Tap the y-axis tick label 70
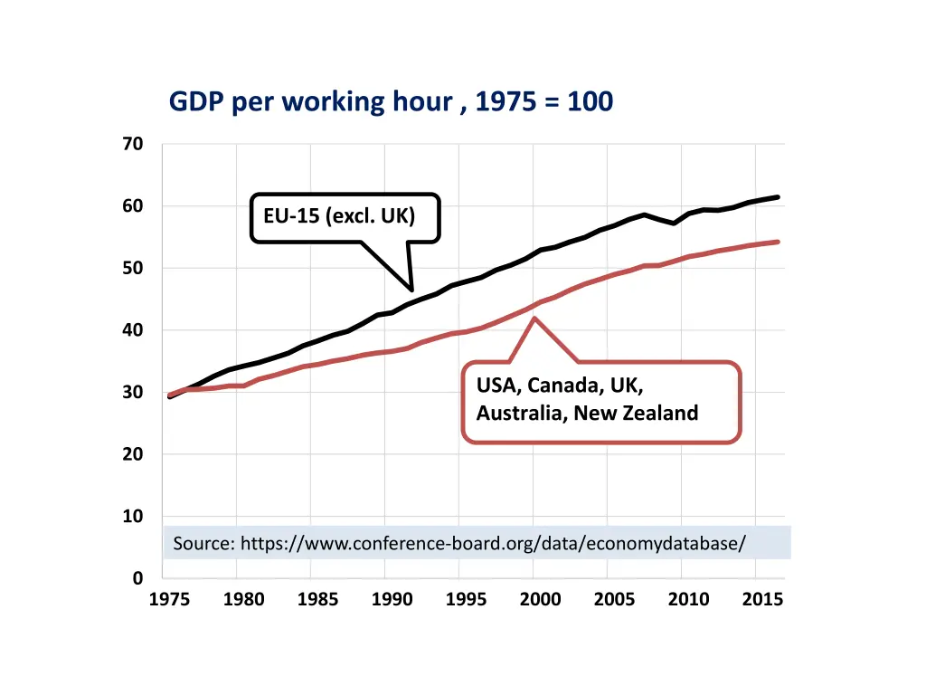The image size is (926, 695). (x=133, y=144)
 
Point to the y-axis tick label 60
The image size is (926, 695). (x=133, y=206)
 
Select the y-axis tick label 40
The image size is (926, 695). (x=133, y=330)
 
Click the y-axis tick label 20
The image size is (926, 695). (x=133, y=454)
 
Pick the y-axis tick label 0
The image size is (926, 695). (x=137, y=578)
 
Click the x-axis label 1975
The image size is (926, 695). (x=169, y=599)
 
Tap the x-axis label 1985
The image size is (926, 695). (x=317, y=599)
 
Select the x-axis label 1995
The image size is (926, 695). (x=466, y=599)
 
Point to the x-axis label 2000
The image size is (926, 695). (x=540, y=599)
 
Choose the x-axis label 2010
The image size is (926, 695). (x=688, y=599)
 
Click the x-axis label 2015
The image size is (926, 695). (x=762, y=599)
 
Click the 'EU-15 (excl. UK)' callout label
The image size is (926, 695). (x=339, y=217)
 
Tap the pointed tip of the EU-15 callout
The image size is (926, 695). (x=412, y=290)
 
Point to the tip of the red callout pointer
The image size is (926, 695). (x=534, y=318)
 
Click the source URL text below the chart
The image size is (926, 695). (x=459, y=544)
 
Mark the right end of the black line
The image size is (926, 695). (x=778, y=197)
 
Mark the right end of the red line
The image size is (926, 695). (x=778, y=242)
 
